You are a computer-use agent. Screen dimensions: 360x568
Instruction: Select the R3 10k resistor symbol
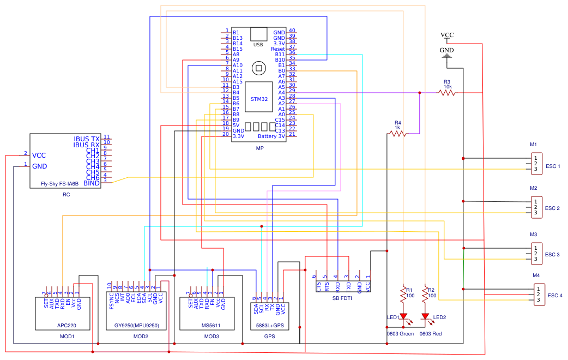[447, 93]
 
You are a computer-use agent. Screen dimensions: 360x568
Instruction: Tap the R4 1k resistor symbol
[397, 133]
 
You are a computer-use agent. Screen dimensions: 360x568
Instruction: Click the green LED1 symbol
[404, 317]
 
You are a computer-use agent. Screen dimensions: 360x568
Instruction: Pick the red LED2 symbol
[425, 317]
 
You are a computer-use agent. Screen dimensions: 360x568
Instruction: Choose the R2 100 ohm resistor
[425, 295]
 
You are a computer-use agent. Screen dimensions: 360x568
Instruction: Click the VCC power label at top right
[447, 35]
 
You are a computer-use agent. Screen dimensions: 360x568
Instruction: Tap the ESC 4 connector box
[539, 295]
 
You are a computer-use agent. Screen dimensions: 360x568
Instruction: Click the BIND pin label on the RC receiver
[92, 183]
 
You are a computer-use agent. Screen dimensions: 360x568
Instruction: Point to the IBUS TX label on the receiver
[87, 140]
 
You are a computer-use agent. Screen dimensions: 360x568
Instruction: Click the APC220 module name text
[65, 326]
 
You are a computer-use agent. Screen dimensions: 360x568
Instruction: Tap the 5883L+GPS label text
[270, 326]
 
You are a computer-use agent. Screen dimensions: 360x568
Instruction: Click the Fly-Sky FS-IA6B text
[60, 184]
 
